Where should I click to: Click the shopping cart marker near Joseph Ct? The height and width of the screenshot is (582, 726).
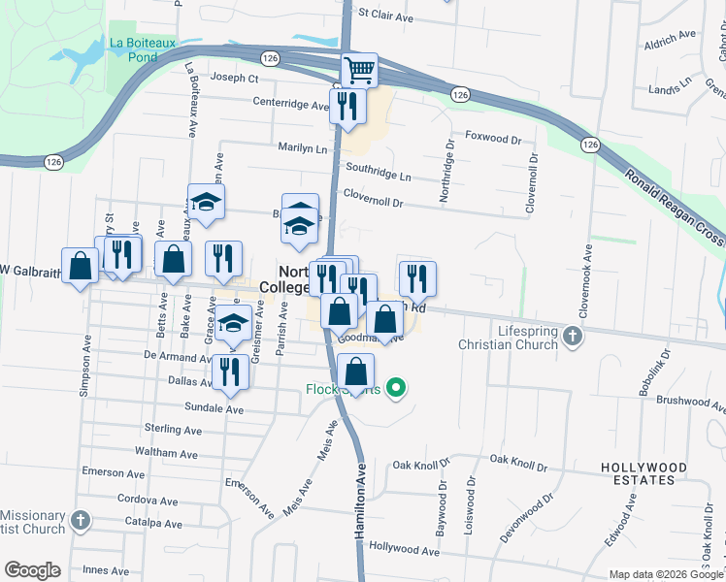coord(359,70)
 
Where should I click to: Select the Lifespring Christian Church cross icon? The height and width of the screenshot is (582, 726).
coord(573,337)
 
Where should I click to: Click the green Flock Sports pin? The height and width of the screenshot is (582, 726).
coord(395,389)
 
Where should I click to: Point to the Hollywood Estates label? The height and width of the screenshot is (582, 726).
coord(643,473)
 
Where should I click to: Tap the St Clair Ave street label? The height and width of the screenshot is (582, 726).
coord(385,15)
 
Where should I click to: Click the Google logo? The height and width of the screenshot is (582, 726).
coord(32,570)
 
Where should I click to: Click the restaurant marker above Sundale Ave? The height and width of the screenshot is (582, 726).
coord(229,372)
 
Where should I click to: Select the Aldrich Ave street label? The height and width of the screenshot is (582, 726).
coord(671,34)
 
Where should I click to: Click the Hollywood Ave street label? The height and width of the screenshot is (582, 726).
coord(400,547)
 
